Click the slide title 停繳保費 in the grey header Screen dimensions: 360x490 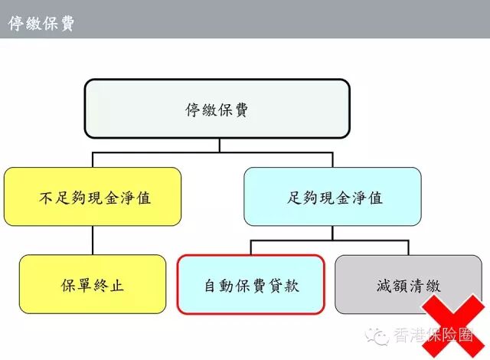pos(41,23)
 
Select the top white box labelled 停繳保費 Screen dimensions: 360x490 pos(217,109)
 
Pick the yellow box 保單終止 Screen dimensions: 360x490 pos(92,285)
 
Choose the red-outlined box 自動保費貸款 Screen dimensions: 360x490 pos(250,285)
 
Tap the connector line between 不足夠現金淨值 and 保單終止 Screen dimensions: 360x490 pos(93,241)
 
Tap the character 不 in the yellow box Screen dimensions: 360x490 pos(46,198)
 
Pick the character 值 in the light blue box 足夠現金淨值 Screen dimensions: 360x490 pos(375,198)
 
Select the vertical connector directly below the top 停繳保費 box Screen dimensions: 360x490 pos(219,146)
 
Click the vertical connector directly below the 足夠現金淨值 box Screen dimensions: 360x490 pos(332,234)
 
